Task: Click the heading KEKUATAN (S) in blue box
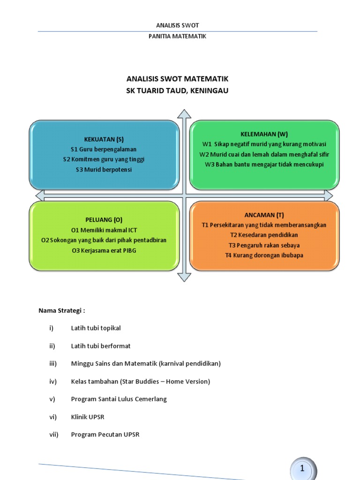pos(104,139)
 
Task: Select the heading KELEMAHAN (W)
pos(264,134)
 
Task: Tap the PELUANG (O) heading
pos(104,219)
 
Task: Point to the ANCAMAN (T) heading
pos(264,215)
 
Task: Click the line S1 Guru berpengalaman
pos(104,149)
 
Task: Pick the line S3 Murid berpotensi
pos(104,169)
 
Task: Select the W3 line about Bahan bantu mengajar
pos(264,164)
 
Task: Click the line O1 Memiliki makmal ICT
pos(104,230)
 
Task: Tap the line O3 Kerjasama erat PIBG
pos(104,250)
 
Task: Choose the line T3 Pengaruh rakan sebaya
pos(264,245)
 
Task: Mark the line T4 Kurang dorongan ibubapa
pos(264,255)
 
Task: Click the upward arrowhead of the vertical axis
pos(184,114)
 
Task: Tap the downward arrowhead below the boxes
pos(184,277)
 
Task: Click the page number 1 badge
pos(303,468)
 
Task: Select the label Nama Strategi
pos(61,310)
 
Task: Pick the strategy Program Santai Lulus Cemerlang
pos(119,399)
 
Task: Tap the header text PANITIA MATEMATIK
pos(177,36)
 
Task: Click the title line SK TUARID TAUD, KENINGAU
pos(177,90)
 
